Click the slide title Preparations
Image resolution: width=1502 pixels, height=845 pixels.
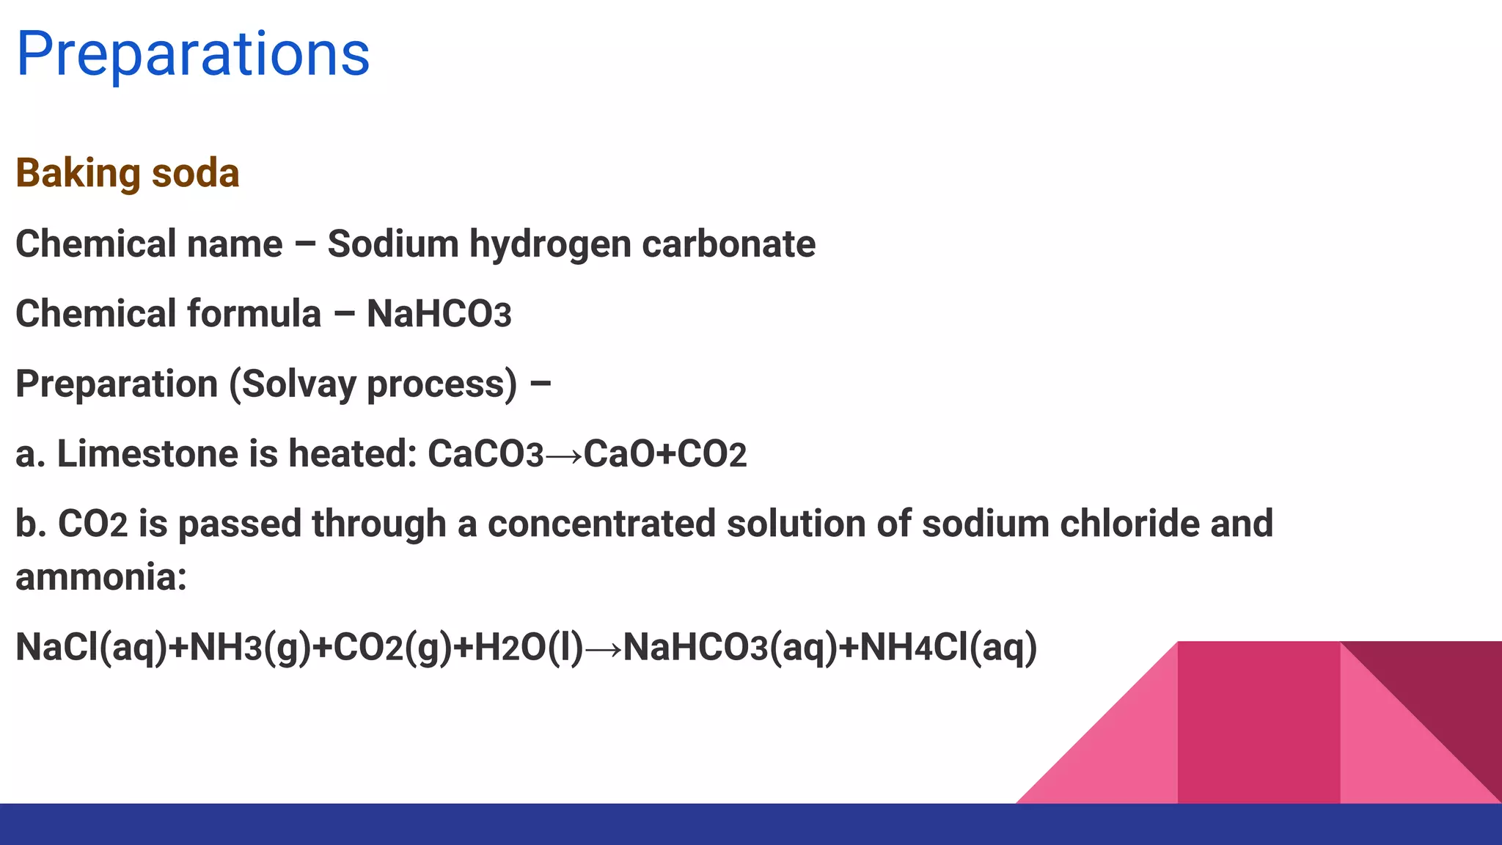click(193, 54)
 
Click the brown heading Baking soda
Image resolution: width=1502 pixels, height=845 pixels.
click(128, 174)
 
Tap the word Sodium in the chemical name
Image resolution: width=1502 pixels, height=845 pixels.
click(393, 244)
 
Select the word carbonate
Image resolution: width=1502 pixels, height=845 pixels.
click(728, 244)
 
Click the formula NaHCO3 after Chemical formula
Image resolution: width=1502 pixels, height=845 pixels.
click(439, 314)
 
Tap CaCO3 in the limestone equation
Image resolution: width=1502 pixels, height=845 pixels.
click(486, 454)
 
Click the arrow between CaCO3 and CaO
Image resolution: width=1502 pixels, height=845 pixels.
click(564, 456)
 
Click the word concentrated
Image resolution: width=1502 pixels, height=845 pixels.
click(601, 524)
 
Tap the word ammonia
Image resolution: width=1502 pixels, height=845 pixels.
click(101, 577)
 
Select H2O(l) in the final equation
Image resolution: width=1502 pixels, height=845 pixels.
click(529, 648)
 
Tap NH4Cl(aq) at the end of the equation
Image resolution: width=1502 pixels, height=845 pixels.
click(948, 648)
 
